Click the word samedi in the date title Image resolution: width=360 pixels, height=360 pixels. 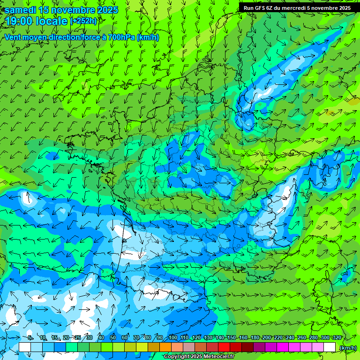coord(21,10)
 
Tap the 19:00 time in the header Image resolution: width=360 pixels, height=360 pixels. coord(19,22)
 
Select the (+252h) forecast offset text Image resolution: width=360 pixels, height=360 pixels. coord(84,21)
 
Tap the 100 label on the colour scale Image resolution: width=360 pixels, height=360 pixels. coord(173,338)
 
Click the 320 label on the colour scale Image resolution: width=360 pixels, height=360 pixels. coord(337,338)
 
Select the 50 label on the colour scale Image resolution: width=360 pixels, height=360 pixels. coord(113,338)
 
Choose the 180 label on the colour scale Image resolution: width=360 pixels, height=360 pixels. coord(255,338)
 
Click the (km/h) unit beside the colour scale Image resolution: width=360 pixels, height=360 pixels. coord(348,348)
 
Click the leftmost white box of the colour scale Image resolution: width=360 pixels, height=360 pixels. coord(25,347)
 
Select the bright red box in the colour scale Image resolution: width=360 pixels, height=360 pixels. coord(224,347)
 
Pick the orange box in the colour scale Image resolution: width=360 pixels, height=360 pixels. coord(165,347)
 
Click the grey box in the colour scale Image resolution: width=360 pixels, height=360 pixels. coord(189,347)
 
